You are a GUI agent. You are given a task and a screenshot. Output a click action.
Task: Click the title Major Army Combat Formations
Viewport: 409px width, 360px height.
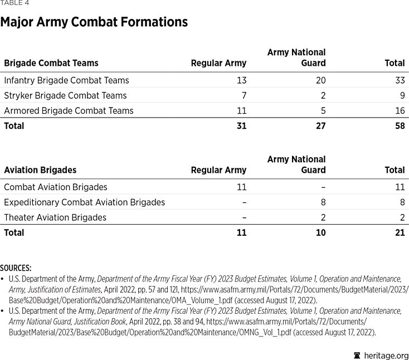tap(94, 22)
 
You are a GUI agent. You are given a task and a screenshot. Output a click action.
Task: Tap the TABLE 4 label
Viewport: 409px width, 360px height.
tap(14, 3)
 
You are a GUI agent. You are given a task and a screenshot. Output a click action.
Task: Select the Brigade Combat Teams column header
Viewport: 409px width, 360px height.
tap(51, 63)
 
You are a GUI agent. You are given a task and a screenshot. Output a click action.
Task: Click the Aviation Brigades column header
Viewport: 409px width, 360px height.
tap(40, 170)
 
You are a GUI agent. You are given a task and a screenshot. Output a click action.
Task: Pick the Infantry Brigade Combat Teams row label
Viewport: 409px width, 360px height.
tap(66, 80)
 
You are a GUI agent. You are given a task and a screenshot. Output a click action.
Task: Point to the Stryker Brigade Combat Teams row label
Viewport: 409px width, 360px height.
tap(65, 95)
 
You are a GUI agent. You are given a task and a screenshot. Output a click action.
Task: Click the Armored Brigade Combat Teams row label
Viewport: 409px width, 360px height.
tap(69, 110)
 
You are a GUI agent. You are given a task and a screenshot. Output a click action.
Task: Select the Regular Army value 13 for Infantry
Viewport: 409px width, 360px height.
tap(241, 80)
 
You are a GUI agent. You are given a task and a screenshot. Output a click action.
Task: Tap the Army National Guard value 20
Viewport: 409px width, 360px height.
tap(320, 80)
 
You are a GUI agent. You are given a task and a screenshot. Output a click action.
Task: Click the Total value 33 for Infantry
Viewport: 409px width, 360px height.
tap(399, 80)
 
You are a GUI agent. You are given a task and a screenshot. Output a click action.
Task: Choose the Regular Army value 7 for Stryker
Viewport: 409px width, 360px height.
tap(244, 95)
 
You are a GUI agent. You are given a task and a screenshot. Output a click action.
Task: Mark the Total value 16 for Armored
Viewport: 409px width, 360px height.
tap(399, 110)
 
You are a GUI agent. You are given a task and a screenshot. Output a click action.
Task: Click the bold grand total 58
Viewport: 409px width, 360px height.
tap(399, 126)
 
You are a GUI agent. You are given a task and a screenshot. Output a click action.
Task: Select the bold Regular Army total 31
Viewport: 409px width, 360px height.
tap(241, 126)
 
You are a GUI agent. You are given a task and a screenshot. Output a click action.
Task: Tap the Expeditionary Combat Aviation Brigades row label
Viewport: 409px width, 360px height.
tap(84, 202)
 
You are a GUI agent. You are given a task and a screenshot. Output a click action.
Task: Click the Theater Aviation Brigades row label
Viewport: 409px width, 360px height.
tap(55, 217)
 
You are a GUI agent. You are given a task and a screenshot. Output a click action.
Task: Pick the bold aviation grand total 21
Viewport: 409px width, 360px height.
tap(400, 232)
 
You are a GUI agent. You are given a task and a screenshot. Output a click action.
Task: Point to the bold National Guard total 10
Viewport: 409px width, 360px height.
tap(320, 232)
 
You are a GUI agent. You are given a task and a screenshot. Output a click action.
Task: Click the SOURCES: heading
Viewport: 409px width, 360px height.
tap(16, 268)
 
